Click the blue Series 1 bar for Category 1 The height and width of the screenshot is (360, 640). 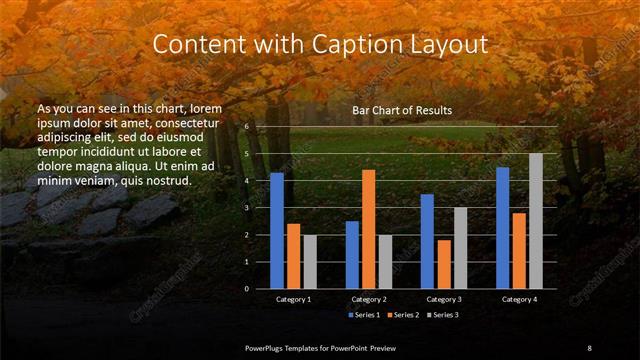pyautogui.click(x=277, y=231)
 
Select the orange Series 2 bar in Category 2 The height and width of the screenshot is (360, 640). pyautogui.click(x=368, y=229)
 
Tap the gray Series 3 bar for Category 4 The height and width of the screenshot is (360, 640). pyautogui.click(x=536, y=221)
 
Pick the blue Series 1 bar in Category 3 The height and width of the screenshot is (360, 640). pyautogui.click(x=427, y=241)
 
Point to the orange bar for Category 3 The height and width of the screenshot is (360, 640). pyautogui.click(x=443, y=264)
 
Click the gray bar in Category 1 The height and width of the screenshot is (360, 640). pyautogui.click(x=309, y=262)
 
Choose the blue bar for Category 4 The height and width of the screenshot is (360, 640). pyautogui.click(x=503, y=228)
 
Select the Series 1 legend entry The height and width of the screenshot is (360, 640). pyautogui.click(x=364, y=315)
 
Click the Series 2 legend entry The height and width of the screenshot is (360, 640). pyautogui.click(x=403, y=315)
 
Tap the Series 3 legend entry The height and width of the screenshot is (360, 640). pyautogui.click(x=442, y=315)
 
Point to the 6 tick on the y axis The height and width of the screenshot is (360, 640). pyautogui.click(x=246, y=127)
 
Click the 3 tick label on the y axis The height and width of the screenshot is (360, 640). pyautogui.click(x=246, y=207)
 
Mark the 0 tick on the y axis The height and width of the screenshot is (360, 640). pyautogui.click(x=246, y=288)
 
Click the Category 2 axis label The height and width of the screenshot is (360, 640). pyautogui.click(x=368, y=299)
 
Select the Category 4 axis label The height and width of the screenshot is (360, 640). pyautogui.click(x=519, y=299)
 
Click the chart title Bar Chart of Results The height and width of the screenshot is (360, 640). pyautogui.click(x=402, y=110)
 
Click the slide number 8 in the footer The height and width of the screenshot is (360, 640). pyautogui.click(x=590, y=347)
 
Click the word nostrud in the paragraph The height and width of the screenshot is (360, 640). pyautogui.click(x=165, y=180)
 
